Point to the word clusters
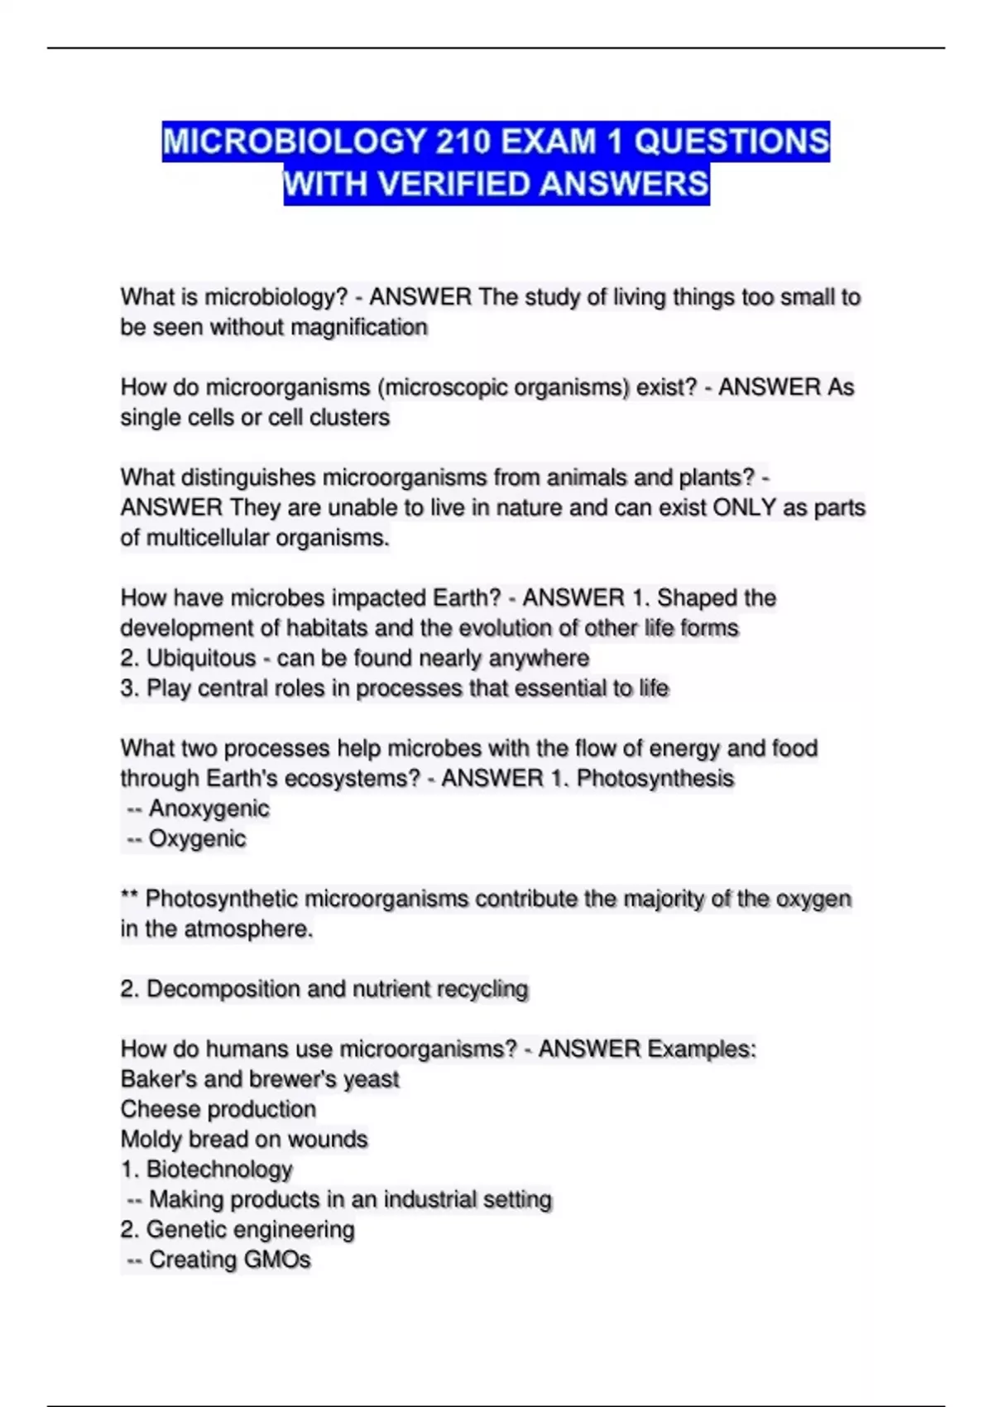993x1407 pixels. tap(348, 417)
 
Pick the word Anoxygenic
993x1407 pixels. tap(209, 809)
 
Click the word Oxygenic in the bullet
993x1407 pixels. tap(197, 838)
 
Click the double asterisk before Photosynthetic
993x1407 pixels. tap(129, 897)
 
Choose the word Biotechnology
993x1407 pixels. tap(219, 1169)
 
